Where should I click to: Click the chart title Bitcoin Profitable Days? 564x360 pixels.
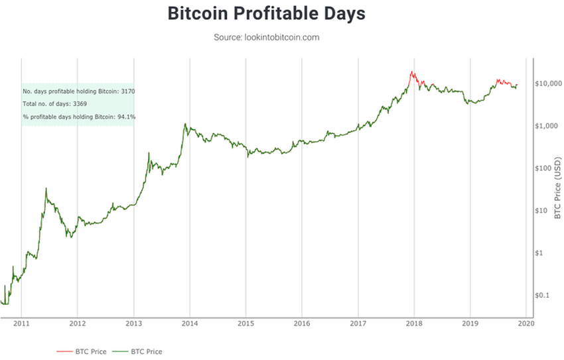[266, 13]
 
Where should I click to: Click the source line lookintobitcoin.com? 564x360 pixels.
[266, 37]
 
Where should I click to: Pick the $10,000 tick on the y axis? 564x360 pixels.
[548, 84]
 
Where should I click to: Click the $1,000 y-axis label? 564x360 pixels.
[547, 126]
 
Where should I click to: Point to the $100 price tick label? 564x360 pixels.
[545, 168]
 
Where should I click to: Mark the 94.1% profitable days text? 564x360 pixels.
[79, 117]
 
